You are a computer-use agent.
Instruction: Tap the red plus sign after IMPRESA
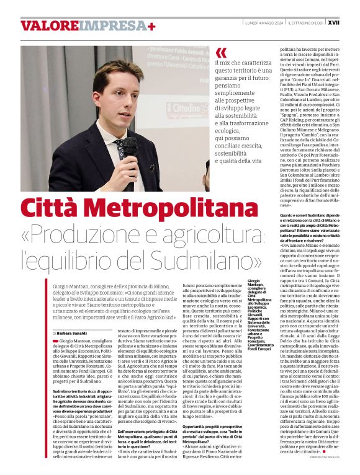tap(151, 25)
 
